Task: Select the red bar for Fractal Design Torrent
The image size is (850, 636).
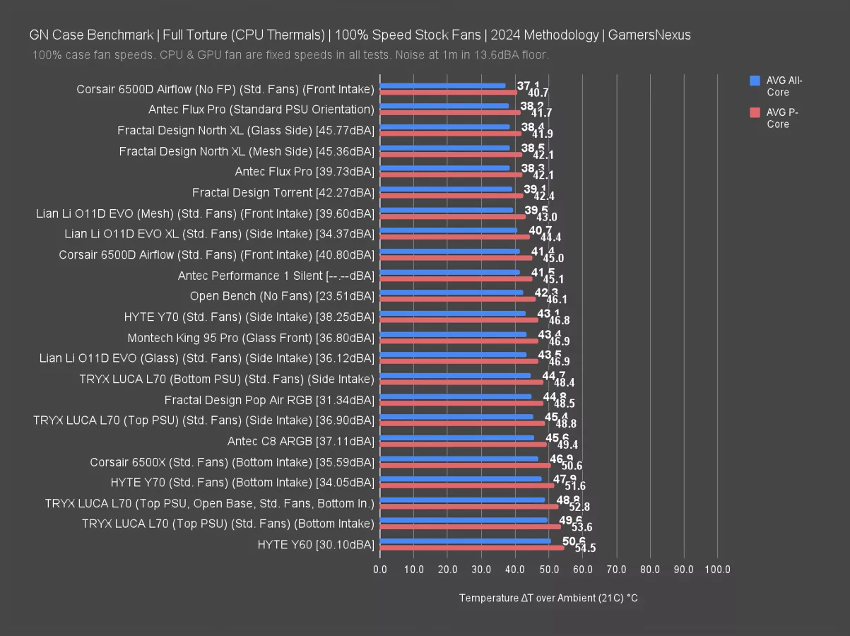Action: click(451, 196)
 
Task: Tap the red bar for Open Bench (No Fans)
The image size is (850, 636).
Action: click(457, 299)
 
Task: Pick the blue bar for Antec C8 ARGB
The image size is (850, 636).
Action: click(456, 438)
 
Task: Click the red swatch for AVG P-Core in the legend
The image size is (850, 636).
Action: click(755, 112)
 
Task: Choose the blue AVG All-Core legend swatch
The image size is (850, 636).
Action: click(755, 81)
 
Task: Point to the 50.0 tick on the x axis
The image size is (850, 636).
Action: click(549, 569)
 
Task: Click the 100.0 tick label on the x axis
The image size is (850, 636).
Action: click(718, 569)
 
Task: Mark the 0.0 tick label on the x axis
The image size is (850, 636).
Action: click(380, 569)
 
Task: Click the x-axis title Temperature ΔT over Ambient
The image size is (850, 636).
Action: click(548, 598)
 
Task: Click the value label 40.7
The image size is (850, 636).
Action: click(538, 93)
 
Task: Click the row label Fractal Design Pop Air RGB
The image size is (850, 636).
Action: click(268, 400)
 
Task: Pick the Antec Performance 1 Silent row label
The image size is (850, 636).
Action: click(276, 276)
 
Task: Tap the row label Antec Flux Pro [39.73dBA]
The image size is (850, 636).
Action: click(304, 172)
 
